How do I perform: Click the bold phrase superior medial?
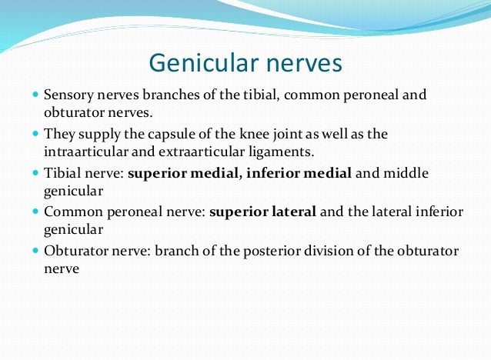183,173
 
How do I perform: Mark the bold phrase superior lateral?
262,212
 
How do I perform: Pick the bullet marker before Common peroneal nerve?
35,212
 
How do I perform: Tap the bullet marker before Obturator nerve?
35,251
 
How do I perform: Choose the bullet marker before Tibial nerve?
35,173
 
